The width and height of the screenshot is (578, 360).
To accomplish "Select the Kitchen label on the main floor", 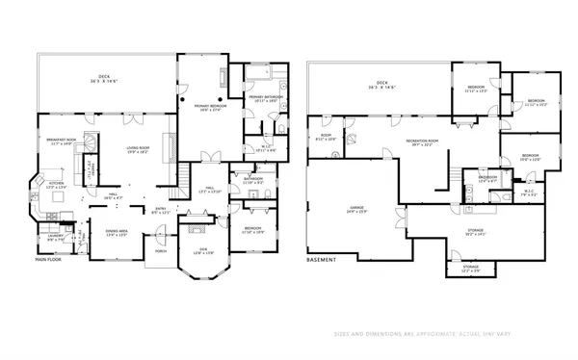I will click(56, 185).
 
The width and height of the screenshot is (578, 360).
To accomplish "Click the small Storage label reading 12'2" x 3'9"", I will click(469, 268).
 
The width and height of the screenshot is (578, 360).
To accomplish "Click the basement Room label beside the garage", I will click(327, 138).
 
